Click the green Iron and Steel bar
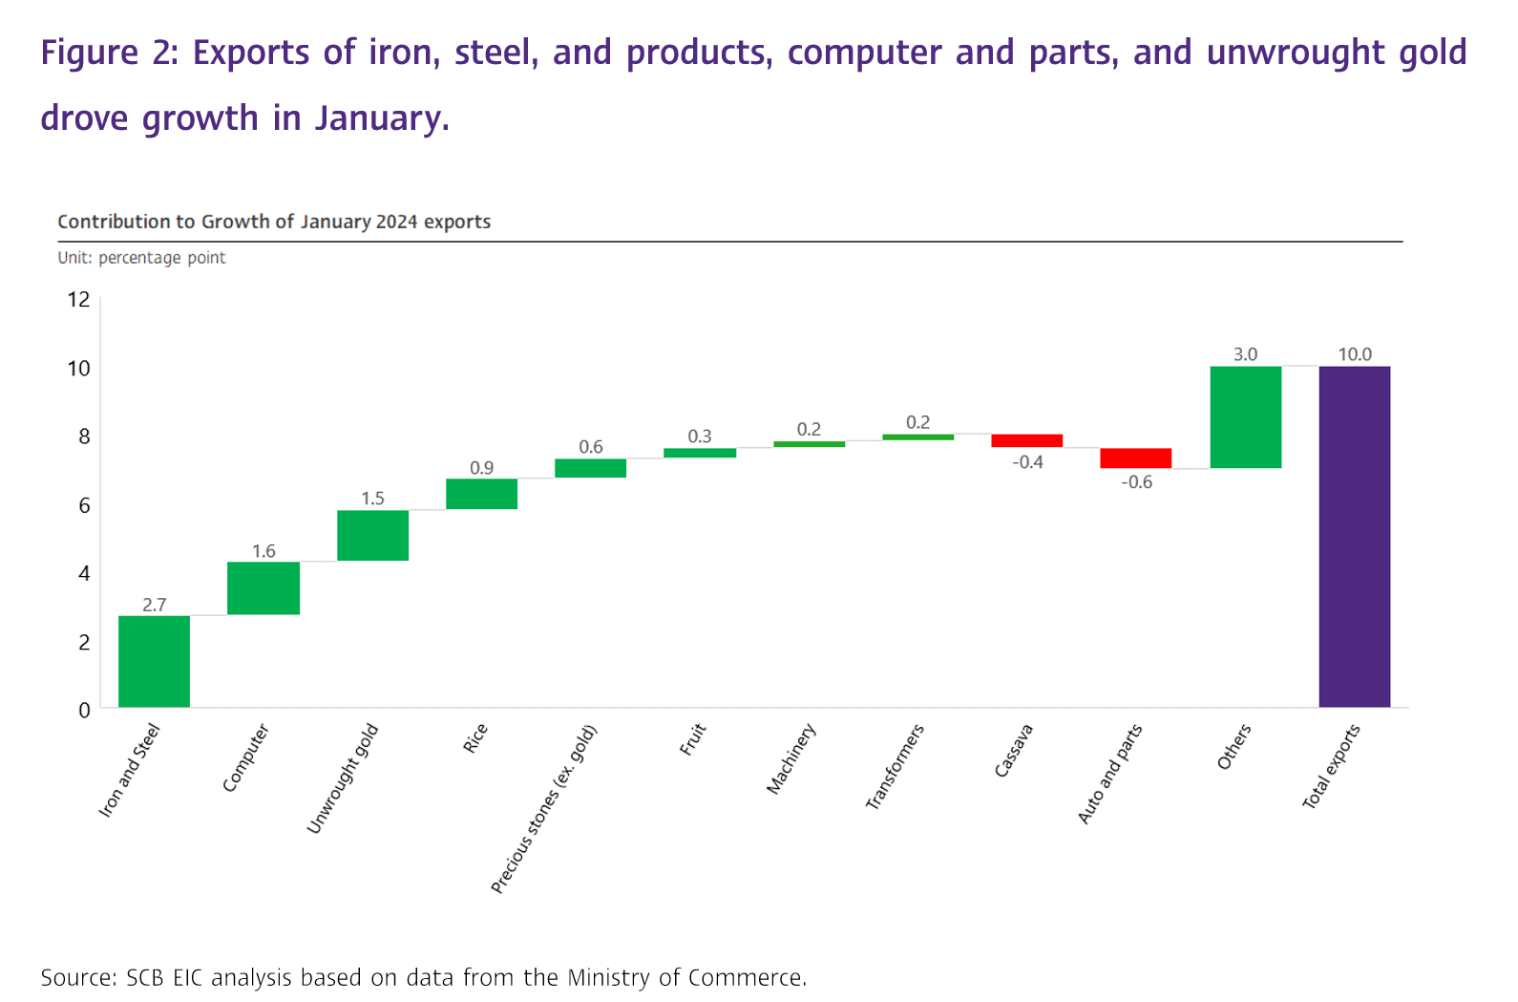[x=154, y=661]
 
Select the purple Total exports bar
[x=1354, y=536]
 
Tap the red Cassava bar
[x=1026, y=440]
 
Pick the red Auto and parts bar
[x=1135, y=458]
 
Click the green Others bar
[x=1245, y=416]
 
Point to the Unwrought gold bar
[x=372, y=535]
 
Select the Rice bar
[x=481, y=494]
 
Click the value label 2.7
[x=154, y=605]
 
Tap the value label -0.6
[x=1136, y=482]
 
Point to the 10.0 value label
[x=1354, y=354]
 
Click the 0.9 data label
[x=481, y=468]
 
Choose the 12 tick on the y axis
[x=78, y=300]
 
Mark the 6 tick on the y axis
[x=84, y=505]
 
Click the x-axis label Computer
[x=245, y=758]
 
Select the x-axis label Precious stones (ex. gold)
[x=543, y=809]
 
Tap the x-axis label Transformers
[x=895, y=767]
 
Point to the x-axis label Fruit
[x=693, y=740]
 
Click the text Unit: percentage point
[x=141, y=258]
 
